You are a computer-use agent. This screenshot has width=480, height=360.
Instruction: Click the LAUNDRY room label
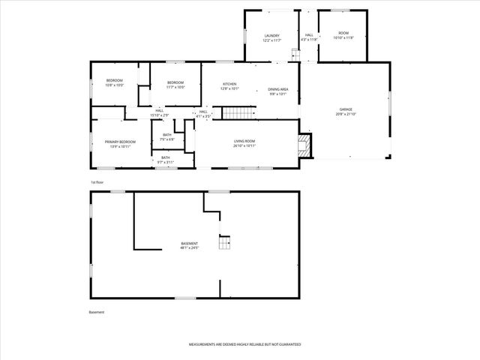tap(271, 36)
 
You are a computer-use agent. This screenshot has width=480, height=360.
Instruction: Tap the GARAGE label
tap(345, 109)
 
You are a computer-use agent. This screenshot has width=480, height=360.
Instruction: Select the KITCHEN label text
tap(229, 84)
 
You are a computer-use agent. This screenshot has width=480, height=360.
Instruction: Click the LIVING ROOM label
tap(244, 142)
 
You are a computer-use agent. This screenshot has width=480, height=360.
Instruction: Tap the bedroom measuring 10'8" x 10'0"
tap(114, 81)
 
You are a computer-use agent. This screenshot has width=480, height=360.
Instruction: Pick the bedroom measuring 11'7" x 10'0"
tap(175, 83)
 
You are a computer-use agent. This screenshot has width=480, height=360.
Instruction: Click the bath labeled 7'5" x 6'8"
tap(167, 136)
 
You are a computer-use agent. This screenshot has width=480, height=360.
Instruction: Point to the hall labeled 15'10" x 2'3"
tap(160, 112)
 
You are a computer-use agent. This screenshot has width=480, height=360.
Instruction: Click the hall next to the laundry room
tap(308, 35)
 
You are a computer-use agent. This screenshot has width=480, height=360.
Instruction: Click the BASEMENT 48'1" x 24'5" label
tap(190, 244)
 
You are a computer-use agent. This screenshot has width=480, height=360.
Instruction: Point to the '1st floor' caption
tap(97, 182)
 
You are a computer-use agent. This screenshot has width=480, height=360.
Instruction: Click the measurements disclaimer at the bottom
tap(245, 344)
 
